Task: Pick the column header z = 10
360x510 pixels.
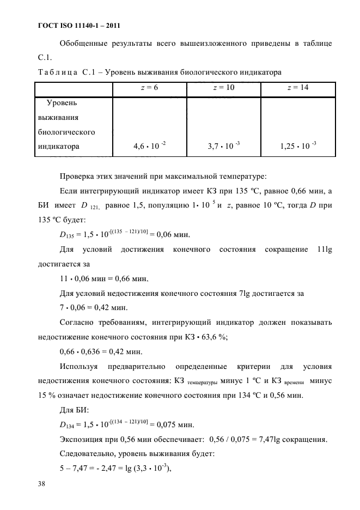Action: point(223,88)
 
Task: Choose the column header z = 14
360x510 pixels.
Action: point(297,88)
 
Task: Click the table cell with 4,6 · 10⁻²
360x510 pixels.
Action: point(149,145)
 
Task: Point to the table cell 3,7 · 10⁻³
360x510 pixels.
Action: point(224,145)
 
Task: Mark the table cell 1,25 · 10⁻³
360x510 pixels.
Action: point(298,145)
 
